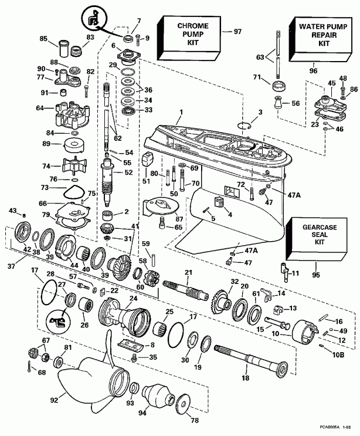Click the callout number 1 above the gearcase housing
coord(182,111)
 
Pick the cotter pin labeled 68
coord(30,367)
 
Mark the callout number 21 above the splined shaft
coord(188,272)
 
